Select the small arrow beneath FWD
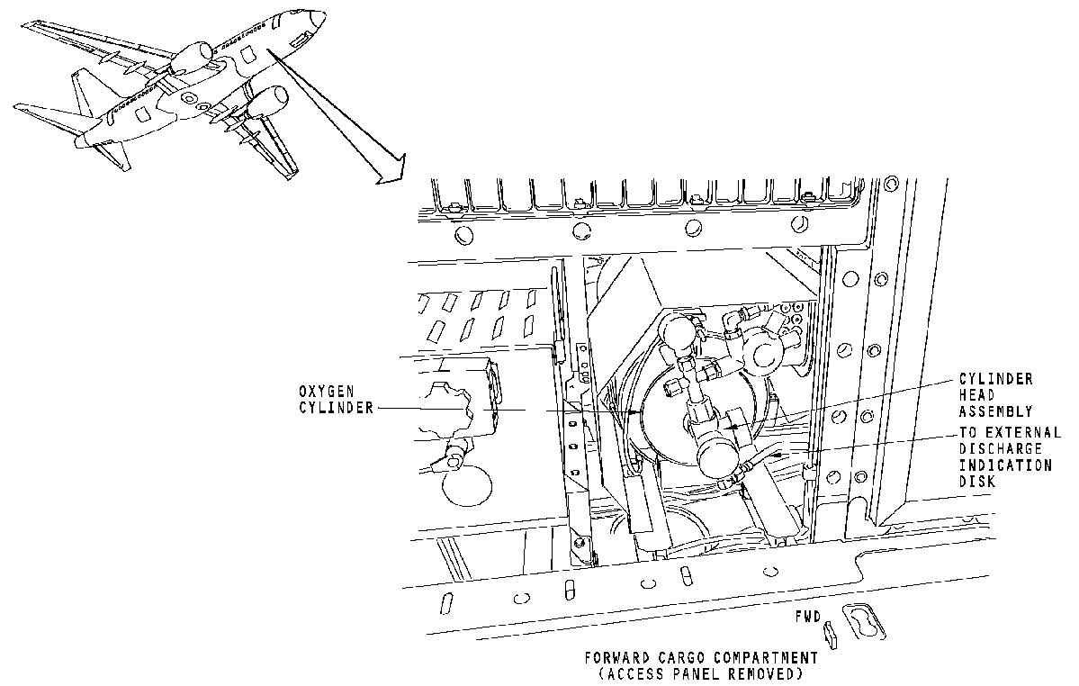[x=830, y=636]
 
